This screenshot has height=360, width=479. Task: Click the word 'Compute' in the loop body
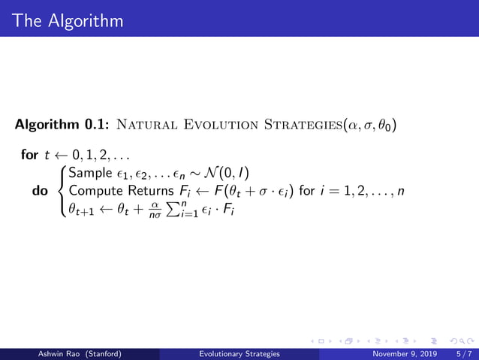pyautogui.click(x=94, y=191)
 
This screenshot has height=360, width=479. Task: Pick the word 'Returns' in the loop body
pyautogui.click(x=152, y=191)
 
